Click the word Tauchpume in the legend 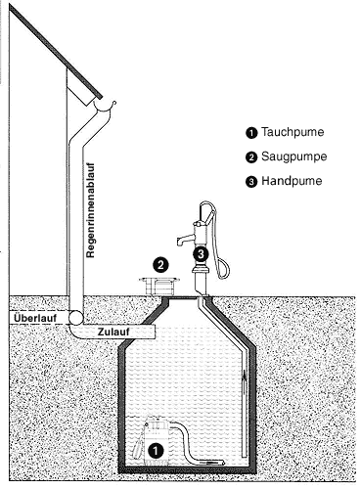pyautogui.click(x=292, y=132)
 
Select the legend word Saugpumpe pyautogui.click(x=294, y=156)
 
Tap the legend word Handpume pyautogui.click(x=292, y=181)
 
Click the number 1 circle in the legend pyautogui.click(x=251, y=133)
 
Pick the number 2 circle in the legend pyautogui.click(x=251, y=157)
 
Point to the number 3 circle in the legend pyautogui.click(x=251, y=182)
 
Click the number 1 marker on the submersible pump pyautogui.click(x=156, y=451)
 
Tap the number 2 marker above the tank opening pyautogui.click(x=160, y=265)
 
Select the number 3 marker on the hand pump pyautogui.click(x=201, y=253)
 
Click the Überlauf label pyautogui.click(x=35, y=318)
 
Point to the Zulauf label pyautogui.click(x=113, y=332)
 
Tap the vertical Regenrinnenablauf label pyautogui.click(x=91, y=210)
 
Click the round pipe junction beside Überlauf pyautogui.click(x=76, y=318)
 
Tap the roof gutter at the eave pyautogui.click(x=105, y=107)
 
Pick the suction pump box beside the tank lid pyautogui.click(x=159, y=286)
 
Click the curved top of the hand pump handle pyautogui.click(x=207, y=204)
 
